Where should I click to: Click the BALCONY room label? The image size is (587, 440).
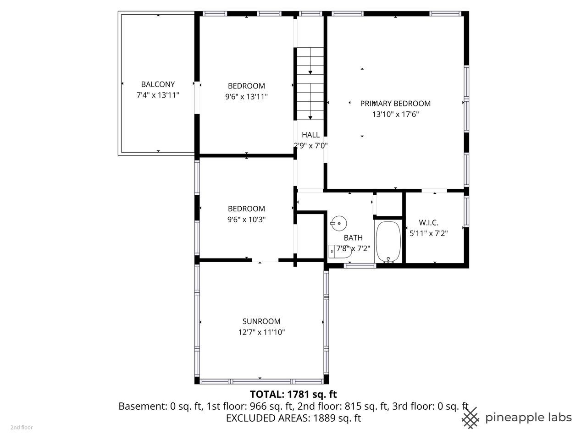[158, 84]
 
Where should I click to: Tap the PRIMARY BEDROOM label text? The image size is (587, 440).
[395, 104]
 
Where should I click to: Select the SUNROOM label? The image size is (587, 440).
[261, 321]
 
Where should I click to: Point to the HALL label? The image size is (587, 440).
[310, 135]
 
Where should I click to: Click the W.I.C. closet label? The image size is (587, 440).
[428, 223]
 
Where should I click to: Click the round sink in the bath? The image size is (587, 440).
[338, 223]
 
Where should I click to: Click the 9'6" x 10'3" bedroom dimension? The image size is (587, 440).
[246, 220]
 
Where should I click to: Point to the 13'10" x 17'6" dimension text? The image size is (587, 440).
[395, 114]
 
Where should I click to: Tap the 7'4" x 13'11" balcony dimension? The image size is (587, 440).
[158, 95]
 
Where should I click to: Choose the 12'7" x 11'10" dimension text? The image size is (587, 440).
[261, 332]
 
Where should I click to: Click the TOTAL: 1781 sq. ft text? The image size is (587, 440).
[293, 394]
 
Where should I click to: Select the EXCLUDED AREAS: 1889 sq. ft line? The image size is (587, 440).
[293, 418]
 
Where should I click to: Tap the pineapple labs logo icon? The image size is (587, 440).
[471, 418]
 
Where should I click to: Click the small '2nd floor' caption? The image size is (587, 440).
[22, 428]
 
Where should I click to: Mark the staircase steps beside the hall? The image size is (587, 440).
[310, 83]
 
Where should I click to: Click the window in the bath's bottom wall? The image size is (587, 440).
[360, 265]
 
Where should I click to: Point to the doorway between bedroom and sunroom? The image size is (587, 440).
[265, 260]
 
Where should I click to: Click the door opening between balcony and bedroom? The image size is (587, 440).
[197, 98]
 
